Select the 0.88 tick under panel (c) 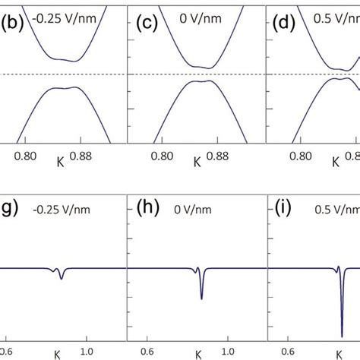tap(214, 155)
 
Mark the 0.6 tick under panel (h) tap(144, 351)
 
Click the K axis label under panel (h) tap(198, 355)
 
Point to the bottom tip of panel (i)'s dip tap(342, 335)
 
